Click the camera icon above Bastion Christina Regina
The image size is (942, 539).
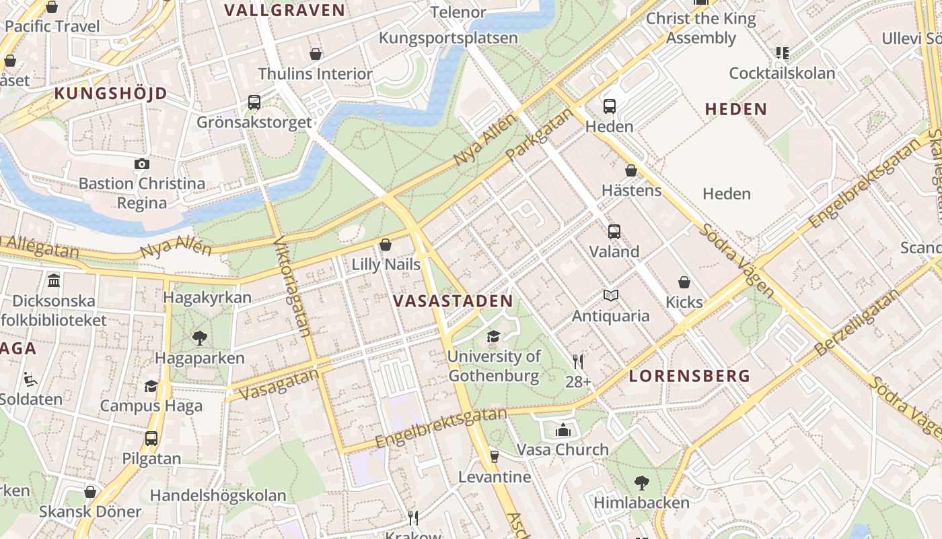tap(141, 164)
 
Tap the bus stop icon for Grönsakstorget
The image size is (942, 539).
tap(254, 102)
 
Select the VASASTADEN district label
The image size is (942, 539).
tap(453, 300)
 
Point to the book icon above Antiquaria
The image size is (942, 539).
tap(610, 295)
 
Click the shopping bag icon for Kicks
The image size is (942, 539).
tap(684, 282)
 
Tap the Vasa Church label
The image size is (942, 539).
tap(563, 449)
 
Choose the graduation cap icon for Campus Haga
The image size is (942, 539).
tap(151, 386)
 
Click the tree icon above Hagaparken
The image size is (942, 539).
tap(199, 338)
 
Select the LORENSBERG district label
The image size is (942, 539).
tap(689, 376)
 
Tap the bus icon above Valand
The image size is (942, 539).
tap(614, 232)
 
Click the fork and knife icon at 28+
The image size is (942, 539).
tap(577, 362)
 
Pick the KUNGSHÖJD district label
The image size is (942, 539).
tap(110, 94)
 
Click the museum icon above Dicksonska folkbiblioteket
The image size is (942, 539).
tap(54, 280)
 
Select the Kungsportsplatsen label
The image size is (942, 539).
tap(448, 38)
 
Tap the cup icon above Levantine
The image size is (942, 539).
tap(494, 457)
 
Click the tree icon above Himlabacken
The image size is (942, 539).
tap(641, 482)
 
